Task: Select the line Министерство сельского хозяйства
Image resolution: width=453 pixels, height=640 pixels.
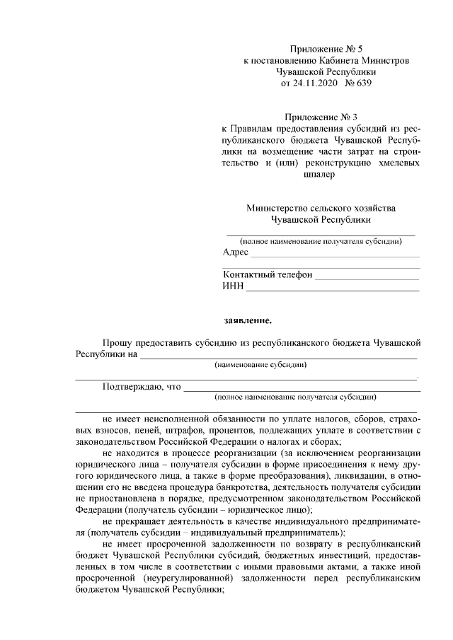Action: [x=321, y=208]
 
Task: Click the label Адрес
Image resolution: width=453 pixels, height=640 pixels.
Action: [x=235, y=252]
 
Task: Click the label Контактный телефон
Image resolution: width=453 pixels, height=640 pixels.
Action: [x=267, y=275]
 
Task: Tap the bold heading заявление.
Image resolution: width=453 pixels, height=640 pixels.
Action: [x=247, y=321]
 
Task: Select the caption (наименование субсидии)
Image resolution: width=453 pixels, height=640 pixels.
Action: [x=260, y=365]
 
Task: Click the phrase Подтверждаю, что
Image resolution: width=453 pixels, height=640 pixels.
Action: [x=142, y=387]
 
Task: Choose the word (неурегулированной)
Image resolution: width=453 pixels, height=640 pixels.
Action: [x=186, y=578]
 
